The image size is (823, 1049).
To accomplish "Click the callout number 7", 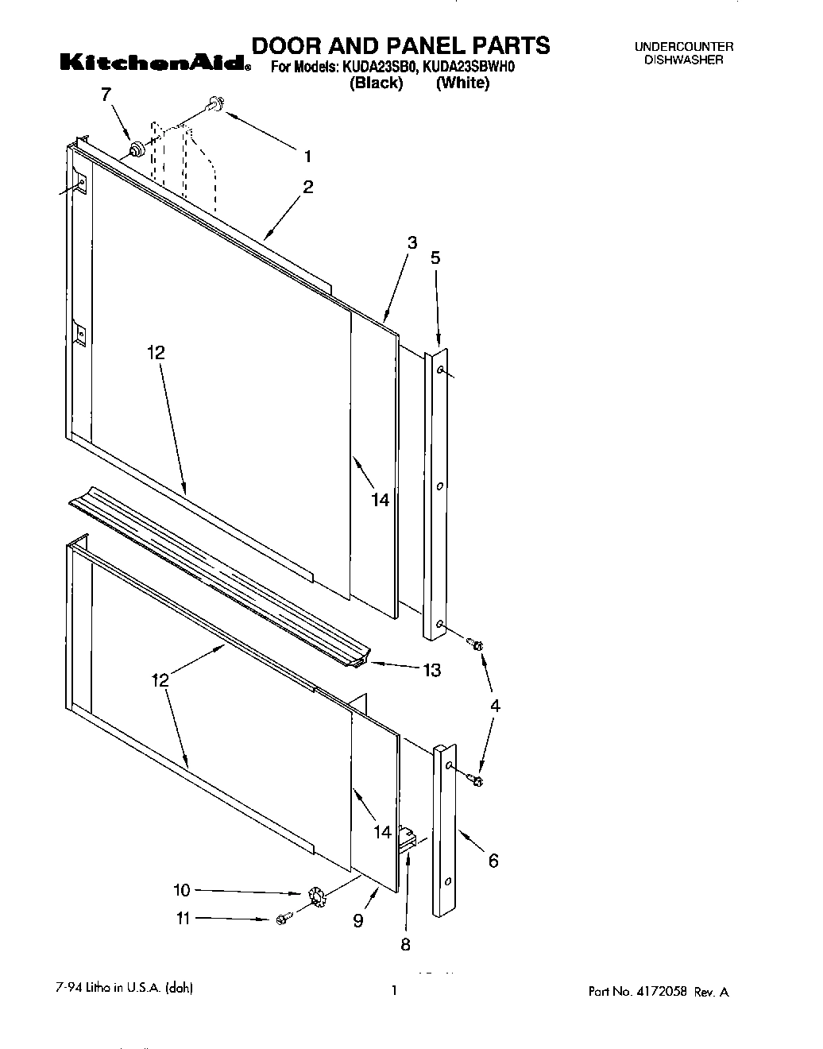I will [106, 94].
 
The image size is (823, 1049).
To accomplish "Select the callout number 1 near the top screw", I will [307, 156].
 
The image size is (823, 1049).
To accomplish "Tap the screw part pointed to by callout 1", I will [214, 103].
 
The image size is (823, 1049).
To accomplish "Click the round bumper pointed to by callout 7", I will [136, 148].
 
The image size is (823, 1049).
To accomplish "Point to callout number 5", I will [435, 257].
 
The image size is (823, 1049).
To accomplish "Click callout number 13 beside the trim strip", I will [431, 671].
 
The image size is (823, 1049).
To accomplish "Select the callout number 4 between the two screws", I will [494, 705].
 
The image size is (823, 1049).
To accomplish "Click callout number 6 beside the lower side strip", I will [493, 860].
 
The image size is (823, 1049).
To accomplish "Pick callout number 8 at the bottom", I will [405, 944].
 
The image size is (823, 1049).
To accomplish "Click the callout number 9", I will [358, 920].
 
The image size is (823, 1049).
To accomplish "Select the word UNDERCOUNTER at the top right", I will [683, 47].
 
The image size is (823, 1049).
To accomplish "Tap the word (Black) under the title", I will [377, 83].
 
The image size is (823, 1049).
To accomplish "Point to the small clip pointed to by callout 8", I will [408, 839].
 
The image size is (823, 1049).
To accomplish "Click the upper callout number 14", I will [381, 500].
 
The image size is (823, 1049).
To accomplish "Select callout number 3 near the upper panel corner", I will [411, 243].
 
